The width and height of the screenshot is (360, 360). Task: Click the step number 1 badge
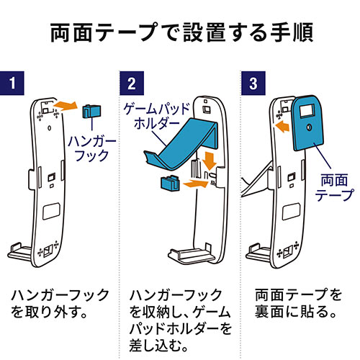click(x=12, y=83)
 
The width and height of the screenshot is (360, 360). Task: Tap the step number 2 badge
click(x=132, y=83)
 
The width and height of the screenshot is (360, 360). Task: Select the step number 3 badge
click(x=253, y=83)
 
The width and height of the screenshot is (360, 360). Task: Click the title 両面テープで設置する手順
click(x=181, y=32)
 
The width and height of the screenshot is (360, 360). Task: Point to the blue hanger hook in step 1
click(x=91, y=111)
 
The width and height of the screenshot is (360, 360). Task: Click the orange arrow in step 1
click(x=66, y=106)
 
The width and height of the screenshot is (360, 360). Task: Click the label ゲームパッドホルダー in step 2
click(x=157, y=117)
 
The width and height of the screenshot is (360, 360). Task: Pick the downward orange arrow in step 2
click(x=210, y=160)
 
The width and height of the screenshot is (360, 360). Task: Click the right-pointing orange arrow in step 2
click(x=196, y=184)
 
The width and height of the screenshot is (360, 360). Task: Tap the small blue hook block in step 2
click(x=170, y=184)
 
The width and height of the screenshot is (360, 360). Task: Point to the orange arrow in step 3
click(x=282, y=126)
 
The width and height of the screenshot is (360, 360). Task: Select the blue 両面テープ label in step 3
click(x=334, y=187)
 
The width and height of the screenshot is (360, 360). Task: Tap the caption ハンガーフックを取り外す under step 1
click(x=60, y=304)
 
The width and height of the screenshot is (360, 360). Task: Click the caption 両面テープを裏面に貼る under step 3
click(x=298, y=304)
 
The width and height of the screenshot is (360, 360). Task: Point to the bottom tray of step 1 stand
click(x=19, y=253)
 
